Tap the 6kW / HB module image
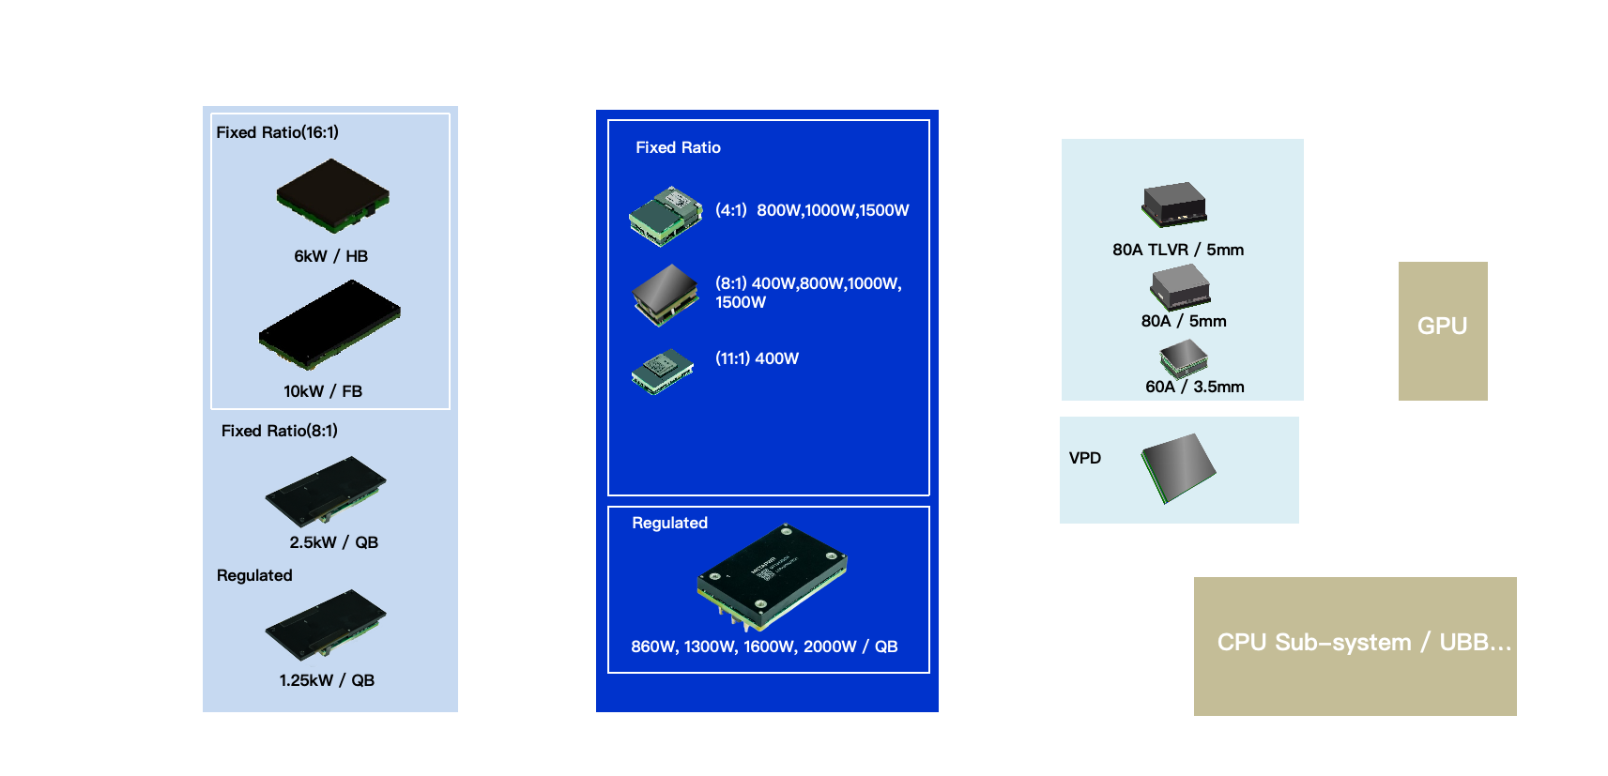pos(332,195)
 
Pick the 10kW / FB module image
pos(329,325)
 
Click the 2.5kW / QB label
pos(333,542)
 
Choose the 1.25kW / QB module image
pos(326,624)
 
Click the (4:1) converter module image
pos(666,215)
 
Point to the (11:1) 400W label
pos(757,358)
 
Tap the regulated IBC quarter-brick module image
pos(772,575)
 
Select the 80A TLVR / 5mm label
pos(1178,250)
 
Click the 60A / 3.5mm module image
pos(1183,358)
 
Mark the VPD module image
pos(1178,467)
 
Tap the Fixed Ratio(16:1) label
pos(277,132)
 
